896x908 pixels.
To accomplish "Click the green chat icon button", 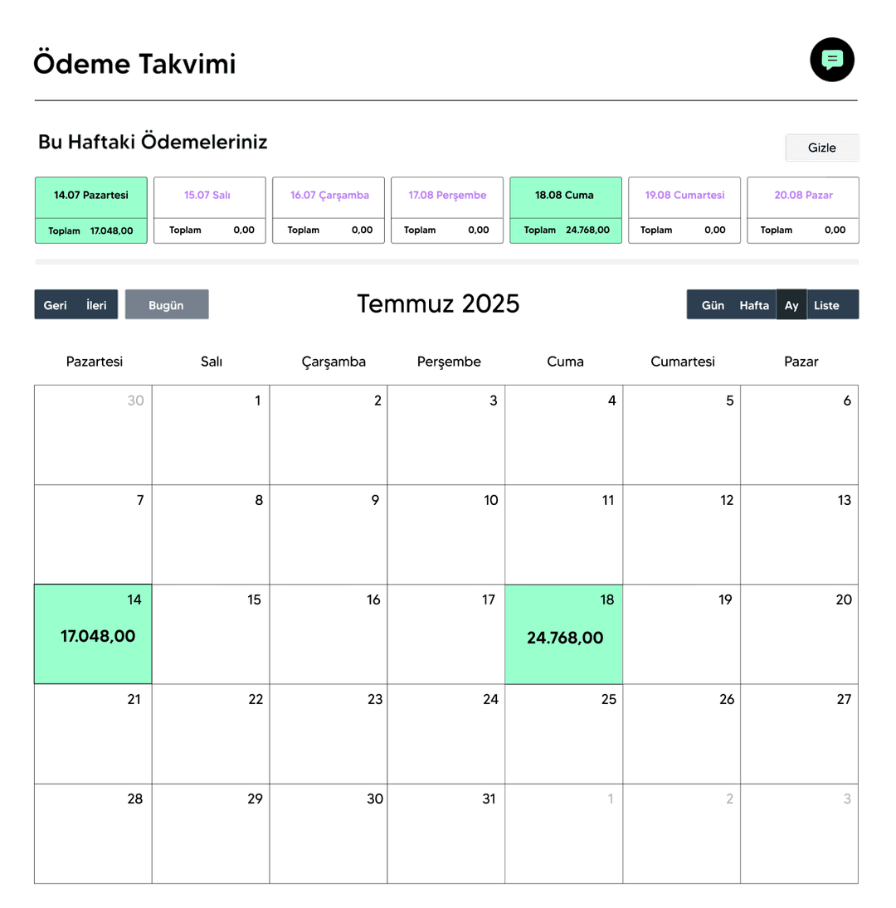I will (x=832, y=60).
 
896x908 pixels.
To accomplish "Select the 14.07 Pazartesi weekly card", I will (x=91, y=210).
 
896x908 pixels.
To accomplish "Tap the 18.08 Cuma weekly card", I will (x=565, y=210).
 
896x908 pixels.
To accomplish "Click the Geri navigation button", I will (x=56, y=305).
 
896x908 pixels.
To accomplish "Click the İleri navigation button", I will (x=97, y=305).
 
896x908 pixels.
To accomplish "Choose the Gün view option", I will (x=713, y=305).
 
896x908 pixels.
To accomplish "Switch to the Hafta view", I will (x=754, y=305).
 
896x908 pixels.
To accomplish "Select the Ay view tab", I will (x=791, y=305).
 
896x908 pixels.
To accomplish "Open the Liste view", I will (x=826, y=305).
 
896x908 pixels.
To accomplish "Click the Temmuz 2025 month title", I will (x=438, y=303).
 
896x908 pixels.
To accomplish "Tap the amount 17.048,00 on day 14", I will (x=98, y=636).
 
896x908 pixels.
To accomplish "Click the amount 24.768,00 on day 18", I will (x=565, y=638).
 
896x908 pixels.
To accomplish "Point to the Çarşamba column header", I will (x=334, y=362).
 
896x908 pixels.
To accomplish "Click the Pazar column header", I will (x=801, y=362).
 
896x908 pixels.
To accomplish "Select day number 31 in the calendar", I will (x=489, y=799).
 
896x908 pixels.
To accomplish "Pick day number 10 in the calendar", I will (x=491, y=500).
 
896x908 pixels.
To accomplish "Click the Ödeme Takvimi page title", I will (x=134, y=64).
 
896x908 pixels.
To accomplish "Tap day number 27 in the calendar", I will (x=844, y=699).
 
